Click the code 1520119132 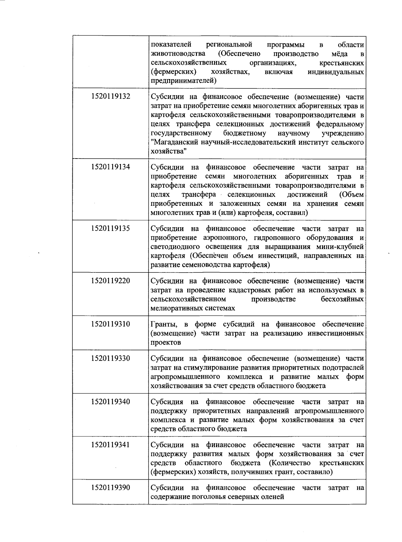point(110,97)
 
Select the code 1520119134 point(110,167)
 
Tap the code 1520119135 point(110,228)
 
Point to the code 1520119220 point(110,281)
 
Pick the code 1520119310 point(110,324)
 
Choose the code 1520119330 point(110,358)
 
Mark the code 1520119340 point(110,402)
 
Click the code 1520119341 point(110,445)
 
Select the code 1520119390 point(110,488)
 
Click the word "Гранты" point(164,324)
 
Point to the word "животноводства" point(178,54)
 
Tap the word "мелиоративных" point(174,308)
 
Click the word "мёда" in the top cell point(339,54)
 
